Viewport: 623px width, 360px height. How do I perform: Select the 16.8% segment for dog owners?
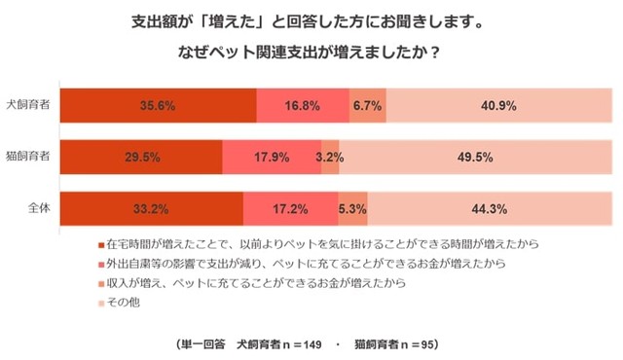(303, 105)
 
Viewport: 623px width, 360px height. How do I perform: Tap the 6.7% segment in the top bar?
(368, 105)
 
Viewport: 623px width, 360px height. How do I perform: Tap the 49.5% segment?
(476, 157)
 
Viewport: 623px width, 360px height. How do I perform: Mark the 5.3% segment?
(352, 208)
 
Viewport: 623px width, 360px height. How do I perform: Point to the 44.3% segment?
(489, 208)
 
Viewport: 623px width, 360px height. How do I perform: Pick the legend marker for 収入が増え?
(102, 284)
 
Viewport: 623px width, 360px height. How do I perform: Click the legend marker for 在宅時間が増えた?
(102, 244)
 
